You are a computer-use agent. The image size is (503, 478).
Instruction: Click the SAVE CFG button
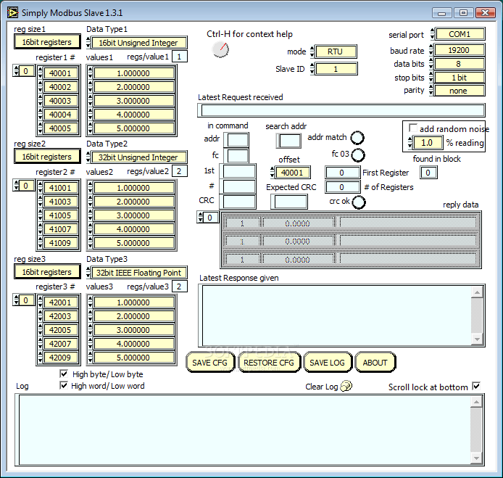coord(210,363)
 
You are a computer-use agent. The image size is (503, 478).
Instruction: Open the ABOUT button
coord(375,363)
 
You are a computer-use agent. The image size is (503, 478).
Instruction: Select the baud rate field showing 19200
coord(458,51)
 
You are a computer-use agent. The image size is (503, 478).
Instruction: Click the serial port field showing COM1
coord(458,34)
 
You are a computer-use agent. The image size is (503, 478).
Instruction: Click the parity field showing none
coord(458,91)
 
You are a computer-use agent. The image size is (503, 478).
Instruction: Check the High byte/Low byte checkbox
coord(65,374)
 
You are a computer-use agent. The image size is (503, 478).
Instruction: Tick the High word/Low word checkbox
coord(65,386)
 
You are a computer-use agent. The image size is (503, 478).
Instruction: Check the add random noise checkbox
coord(413,128)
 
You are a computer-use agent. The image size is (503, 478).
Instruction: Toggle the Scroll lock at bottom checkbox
coord(476,386)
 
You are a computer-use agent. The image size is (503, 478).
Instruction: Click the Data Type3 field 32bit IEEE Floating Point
coord(138,272)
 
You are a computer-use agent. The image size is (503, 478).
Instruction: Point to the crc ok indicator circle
coord(358,202)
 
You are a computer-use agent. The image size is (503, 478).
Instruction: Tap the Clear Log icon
coord(346,387)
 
